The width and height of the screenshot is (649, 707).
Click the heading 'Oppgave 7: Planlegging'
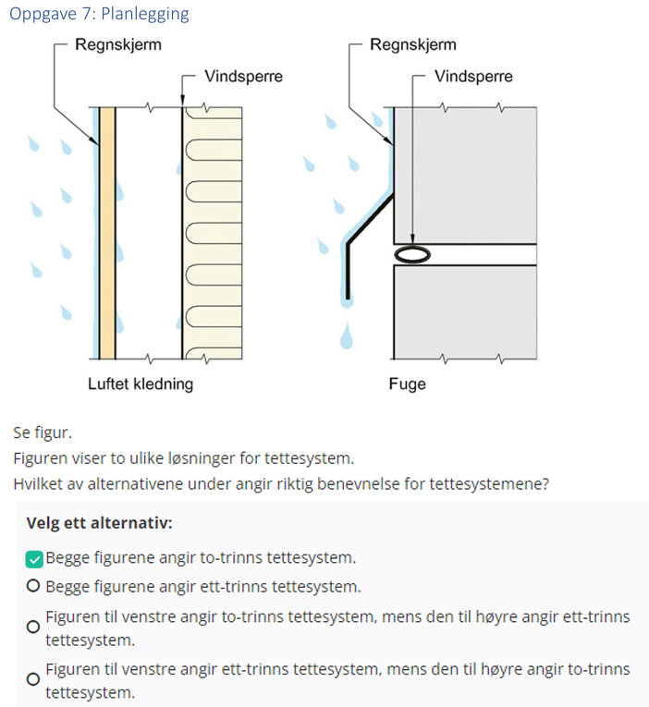tap(99, 14)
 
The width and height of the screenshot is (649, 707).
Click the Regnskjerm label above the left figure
tap(117, 45)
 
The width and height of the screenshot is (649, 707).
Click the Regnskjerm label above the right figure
tap(413, 45)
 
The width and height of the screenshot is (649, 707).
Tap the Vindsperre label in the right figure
tap(473, 77)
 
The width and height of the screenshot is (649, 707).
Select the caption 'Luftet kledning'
tap(141, 384)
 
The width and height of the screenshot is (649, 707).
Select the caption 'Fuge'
tap(408, 384)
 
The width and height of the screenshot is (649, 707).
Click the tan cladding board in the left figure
tap(107, 231)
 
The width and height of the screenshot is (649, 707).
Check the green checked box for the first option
tap(34, 557)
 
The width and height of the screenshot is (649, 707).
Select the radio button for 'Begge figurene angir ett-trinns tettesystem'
tap(34, 586)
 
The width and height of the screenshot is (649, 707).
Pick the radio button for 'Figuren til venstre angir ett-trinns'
tap(34, 679)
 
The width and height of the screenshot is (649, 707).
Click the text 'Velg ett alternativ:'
tap(99, 523)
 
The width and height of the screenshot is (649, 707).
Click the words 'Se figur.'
tap(42, 432)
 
